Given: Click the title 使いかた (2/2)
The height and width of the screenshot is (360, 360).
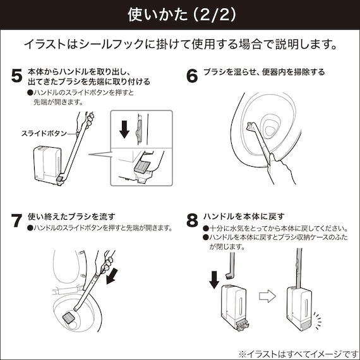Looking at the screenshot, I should click(x=179, y=14).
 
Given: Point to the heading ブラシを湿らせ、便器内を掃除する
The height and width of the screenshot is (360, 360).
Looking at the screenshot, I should click(x=264, y=72).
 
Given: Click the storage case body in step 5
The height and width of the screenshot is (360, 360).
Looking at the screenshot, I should click(x=49, y=166).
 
